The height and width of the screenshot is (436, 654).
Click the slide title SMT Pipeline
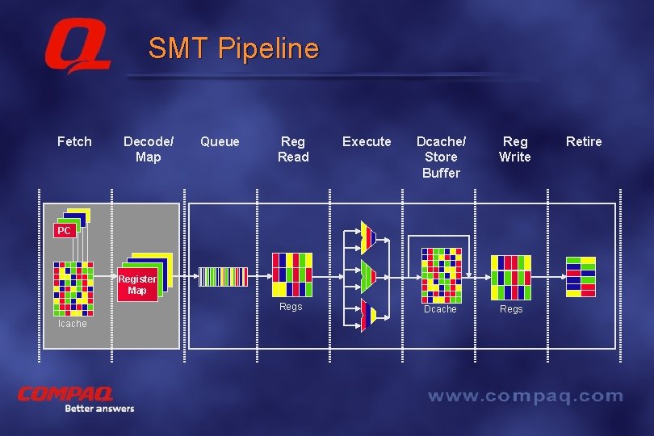coord(233,49)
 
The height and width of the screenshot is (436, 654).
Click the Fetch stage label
coord(74,142)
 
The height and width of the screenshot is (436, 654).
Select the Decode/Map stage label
coord(148,149)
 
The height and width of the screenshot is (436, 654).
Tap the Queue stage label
coord(220,142)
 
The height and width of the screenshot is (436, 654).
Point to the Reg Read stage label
coord(293,149)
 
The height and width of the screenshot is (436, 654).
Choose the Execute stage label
coord(367,142)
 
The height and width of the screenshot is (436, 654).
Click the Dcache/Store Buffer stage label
coord(441,157)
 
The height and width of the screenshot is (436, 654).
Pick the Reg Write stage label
coord(514,149)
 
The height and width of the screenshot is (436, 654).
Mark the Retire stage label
coord(584,142)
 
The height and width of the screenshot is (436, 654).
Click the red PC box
coord(65,231)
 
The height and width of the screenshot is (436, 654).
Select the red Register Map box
coord(136,285)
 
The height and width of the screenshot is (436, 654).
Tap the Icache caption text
coord(72,324)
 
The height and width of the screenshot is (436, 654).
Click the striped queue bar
coord(224,277)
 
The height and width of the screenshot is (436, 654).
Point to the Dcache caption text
coord(440,309)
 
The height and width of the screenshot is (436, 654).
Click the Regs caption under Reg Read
coord(291,307)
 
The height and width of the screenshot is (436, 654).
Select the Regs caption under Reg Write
coord(511,309)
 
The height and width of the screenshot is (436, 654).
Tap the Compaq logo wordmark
coord(65,394)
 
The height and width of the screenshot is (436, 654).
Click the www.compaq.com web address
coord(525,396)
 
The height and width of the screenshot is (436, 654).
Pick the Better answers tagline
coord(99,409)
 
